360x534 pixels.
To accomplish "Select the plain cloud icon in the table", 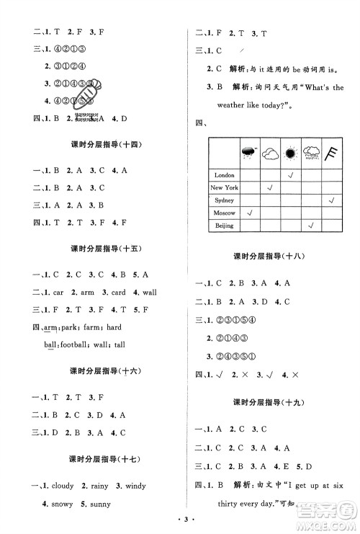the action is click(271, 153).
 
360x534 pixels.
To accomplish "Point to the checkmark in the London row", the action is click(291, 175).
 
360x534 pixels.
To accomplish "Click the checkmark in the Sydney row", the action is click(331, 200).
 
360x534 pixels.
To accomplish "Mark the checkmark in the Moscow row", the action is click(250, 213).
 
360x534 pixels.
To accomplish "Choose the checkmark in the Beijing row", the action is click(311, 226).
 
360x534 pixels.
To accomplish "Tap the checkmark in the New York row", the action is click(270, 188).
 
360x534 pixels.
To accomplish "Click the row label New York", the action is click(224, 188).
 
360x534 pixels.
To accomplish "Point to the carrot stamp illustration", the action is click(91, 97).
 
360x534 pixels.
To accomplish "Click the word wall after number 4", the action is click(149, 293).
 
